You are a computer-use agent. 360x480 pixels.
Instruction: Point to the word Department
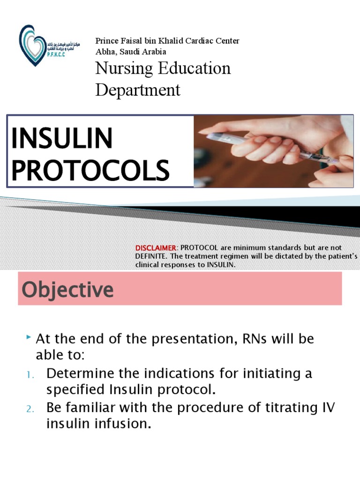pyautogui.click(x=138, y=90)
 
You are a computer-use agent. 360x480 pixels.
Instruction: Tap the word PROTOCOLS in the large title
pyautogui.click(x=90, y=170)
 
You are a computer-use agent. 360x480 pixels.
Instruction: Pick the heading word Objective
pyautogui.click(x=67, y=290)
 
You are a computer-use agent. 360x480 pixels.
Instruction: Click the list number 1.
pyautogui.click(x=28, y=375)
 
